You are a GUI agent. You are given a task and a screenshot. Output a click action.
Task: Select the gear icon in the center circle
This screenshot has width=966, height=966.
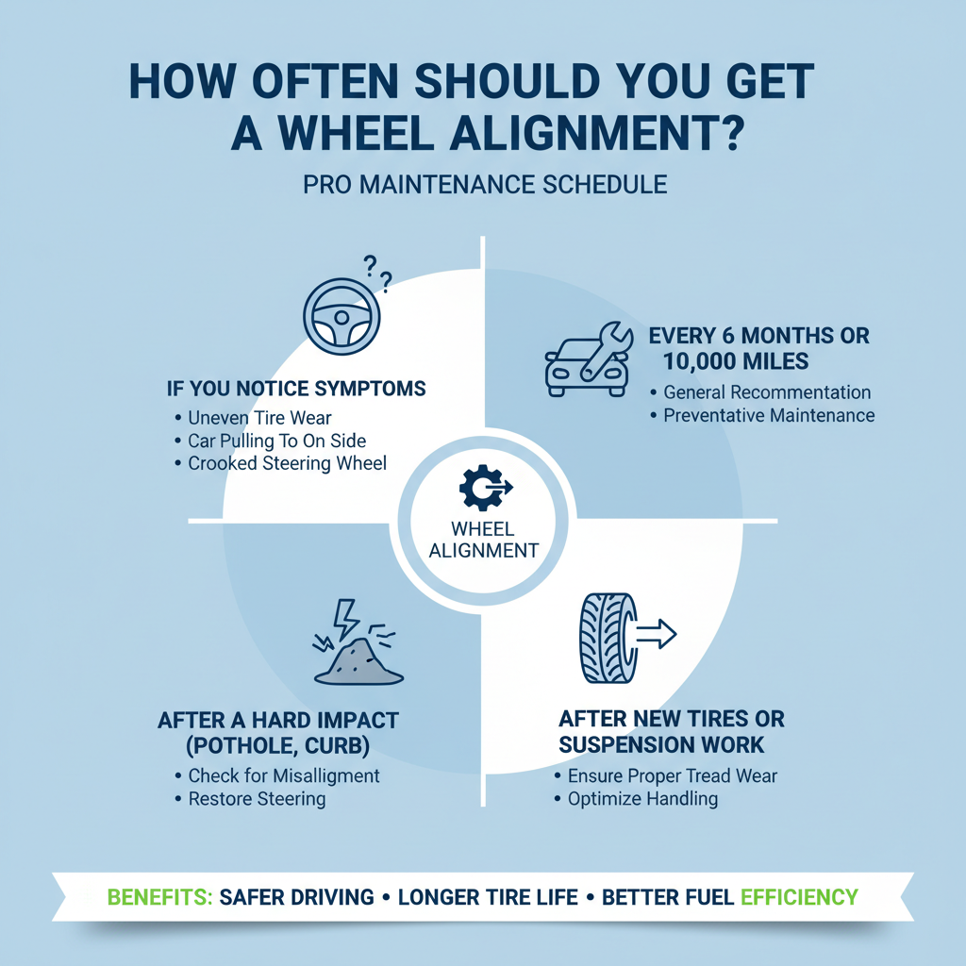pos(481,487)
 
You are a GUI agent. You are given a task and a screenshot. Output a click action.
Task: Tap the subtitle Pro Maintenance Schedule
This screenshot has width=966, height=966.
pos(485,183)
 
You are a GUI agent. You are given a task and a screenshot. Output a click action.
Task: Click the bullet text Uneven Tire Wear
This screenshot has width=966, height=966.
pos(258,418)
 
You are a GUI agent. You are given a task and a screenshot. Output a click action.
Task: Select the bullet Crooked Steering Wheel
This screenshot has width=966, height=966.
pos(287,463)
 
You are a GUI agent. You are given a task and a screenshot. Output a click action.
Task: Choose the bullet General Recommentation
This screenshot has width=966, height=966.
pos(767,392)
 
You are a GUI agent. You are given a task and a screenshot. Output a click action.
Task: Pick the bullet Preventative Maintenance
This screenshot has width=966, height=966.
pos(769,415)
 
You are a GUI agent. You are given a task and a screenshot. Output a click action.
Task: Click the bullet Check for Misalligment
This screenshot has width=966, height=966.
pos(284,775)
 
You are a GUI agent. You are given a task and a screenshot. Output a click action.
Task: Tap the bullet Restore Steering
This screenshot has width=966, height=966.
pos(257,799)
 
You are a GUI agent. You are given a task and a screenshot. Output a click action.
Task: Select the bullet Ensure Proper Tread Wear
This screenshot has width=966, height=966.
pos(673,776)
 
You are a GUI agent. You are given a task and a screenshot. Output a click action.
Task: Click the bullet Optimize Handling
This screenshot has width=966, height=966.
pos(642,799)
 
